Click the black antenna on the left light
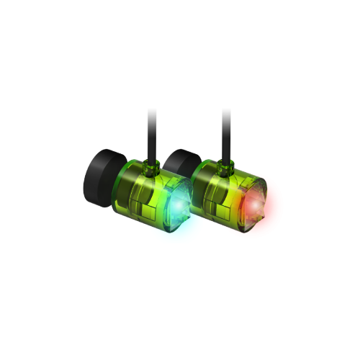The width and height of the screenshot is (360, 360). (x=151, y=133)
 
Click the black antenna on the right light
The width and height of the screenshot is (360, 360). (x=227, y=133)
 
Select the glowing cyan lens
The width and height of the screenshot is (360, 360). (x=176, y=205)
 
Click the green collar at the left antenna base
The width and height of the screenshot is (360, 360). (x=152, y=166)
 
